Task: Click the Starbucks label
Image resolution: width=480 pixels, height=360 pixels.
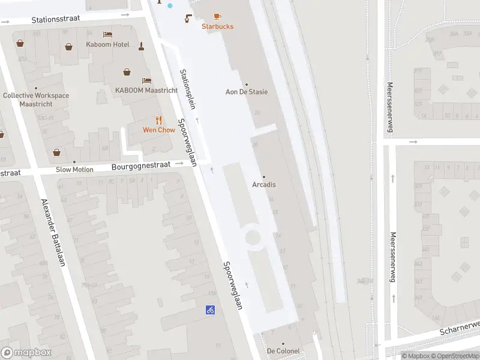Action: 217,26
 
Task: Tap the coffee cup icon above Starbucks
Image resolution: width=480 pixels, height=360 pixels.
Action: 217,16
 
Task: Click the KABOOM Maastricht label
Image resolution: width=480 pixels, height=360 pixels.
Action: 146,91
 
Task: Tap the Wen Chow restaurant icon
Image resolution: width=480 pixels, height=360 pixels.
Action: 158,120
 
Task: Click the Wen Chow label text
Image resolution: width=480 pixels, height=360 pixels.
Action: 158,130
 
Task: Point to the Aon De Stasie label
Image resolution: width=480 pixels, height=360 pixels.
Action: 246,92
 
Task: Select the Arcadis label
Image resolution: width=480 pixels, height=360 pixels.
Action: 264,184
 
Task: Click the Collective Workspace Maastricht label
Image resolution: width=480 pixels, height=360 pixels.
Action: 35,100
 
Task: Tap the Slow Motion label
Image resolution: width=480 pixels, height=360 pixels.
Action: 74,169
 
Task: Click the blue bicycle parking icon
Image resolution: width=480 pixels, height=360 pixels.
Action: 211,310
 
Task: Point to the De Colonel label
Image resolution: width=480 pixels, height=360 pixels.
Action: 283,351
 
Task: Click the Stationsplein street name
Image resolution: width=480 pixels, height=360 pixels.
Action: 190,89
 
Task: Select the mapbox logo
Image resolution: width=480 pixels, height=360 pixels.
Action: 26,353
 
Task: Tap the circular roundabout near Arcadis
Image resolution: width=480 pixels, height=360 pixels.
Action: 253,236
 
